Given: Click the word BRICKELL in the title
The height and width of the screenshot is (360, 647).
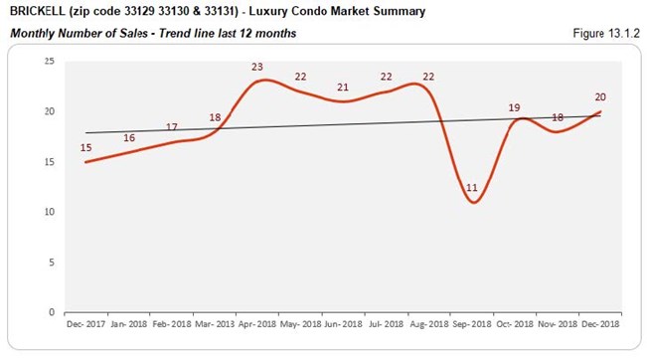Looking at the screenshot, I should tap(37, 12).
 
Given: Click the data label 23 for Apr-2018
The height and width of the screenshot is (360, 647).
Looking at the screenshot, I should tap(258, 68).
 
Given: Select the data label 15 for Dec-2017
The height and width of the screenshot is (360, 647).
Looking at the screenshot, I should tap(86, 147).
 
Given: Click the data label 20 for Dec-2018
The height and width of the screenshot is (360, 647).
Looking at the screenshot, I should tap(600, 97).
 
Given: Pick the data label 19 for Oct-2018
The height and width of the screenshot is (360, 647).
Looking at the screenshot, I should tap(515, 107).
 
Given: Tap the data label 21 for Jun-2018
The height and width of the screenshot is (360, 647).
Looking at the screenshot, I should tap(343, 88).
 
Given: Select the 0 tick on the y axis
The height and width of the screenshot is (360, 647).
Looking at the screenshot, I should tap(51, 312).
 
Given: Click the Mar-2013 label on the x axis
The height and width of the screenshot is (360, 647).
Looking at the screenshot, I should tap(216, 324).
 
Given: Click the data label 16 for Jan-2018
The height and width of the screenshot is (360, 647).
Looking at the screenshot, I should tap(129, 137).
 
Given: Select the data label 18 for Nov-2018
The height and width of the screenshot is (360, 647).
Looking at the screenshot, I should tap(557, 117).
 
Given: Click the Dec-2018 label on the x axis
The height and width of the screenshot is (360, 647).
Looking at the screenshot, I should tap(601, 324).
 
